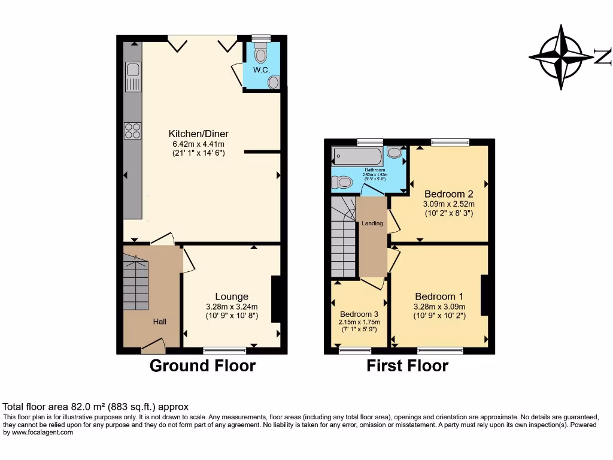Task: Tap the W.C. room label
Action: click(260, 70)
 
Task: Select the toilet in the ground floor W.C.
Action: click(260, 55)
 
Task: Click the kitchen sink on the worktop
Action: click(133, 77)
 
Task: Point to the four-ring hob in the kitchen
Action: click(132, 131)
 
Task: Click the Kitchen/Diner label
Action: click(198, 134)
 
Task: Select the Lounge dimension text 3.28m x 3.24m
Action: click(232, 307)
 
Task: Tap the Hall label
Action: click(159, 322)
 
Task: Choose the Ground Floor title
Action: click(202, 366)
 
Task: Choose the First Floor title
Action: click(407, 366)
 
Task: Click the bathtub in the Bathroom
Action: click(357, 156)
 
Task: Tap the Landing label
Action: click(372, 223)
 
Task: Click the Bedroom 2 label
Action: click(448, 194)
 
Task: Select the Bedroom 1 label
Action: click(439, 296)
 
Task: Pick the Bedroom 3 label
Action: click(359, 314)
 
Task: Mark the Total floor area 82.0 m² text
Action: click(96, 406)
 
